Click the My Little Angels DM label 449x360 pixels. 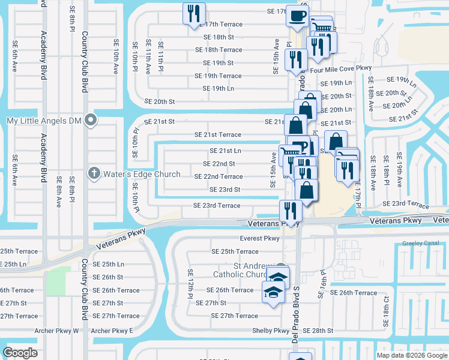43,121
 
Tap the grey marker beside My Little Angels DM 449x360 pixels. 91,121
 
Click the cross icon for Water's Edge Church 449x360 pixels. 93,174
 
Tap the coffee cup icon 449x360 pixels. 297,16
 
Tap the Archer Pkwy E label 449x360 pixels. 112,331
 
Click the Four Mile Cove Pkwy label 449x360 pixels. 341,70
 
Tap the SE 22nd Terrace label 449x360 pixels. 218,176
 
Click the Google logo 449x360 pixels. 20,353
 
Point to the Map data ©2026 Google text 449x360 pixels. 411,355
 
